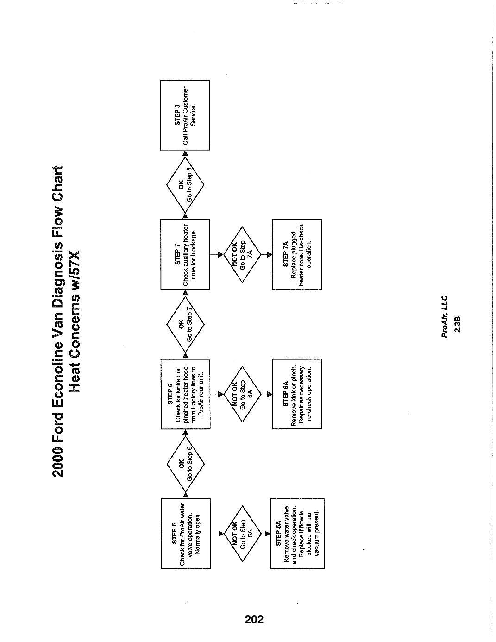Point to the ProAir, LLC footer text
pos(445,316)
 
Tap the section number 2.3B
pos(457,324)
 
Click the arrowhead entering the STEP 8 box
pos(185,153)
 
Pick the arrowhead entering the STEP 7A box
pos(270,255)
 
